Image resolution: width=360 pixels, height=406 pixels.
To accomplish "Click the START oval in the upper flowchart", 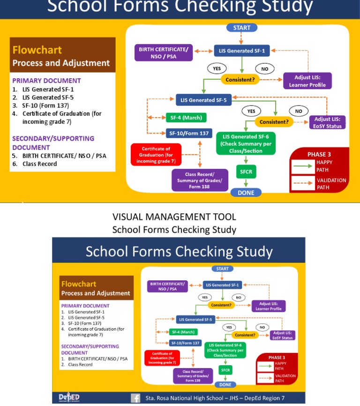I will [241, 28].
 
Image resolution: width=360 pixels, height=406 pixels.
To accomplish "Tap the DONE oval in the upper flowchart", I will [246, 193].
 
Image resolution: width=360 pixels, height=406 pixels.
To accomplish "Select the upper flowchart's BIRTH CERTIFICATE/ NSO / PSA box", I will [164, 53].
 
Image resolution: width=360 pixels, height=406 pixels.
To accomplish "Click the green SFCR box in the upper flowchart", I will [246, 172].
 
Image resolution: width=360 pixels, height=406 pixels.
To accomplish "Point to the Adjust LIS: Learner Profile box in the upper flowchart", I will [307, 81].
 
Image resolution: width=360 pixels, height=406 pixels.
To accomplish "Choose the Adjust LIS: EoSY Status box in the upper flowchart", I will [328, 122].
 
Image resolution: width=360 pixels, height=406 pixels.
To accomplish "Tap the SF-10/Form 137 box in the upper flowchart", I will [189, 133].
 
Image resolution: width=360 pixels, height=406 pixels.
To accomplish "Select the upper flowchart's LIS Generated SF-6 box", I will [246, 143].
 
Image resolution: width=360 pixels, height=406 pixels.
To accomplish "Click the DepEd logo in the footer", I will [69, 398].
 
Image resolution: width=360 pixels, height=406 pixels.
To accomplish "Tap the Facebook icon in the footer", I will [135, 398].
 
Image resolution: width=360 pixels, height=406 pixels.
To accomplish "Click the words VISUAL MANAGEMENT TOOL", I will [174, 217].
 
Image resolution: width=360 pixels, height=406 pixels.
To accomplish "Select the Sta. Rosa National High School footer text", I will [215, 398].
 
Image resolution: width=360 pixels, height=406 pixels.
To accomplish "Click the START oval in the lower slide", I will [223, 269].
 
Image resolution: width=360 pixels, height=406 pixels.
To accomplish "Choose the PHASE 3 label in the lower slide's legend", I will [277, 358].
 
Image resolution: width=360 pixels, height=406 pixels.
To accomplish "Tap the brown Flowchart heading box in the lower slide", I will [97, 288].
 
